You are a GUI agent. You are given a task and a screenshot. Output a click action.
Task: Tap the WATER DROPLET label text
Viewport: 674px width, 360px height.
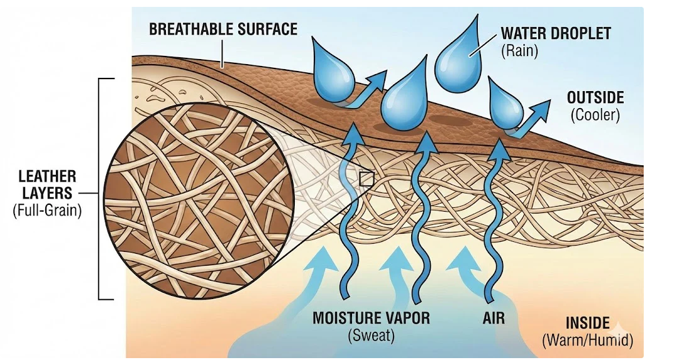coord(555,34)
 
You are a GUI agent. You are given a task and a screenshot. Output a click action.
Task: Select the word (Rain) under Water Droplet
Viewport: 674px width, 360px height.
coord(519,51)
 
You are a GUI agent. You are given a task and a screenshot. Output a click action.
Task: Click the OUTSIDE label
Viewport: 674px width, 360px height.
coord(595,98)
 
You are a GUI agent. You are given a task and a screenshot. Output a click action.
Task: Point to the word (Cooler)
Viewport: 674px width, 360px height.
coord(595,116)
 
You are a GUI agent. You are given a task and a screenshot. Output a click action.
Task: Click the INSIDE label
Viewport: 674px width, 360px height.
coord(588,324)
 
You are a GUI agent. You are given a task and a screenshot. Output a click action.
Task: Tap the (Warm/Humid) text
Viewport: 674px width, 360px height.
coord(587,341)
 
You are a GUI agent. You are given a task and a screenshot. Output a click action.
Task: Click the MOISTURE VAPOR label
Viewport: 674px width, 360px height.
coord(371,318)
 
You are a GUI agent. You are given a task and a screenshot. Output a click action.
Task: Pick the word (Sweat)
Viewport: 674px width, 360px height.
coord(371,336)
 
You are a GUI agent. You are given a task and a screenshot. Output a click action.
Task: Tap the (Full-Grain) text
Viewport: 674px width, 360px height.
coord(47,211)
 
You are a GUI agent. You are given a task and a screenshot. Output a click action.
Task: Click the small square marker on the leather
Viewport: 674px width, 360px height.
coord(366,180)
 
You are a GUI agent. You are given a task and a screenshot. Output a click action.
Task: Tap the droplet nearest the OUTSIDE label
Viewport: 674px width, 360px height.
coord(507,107)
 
